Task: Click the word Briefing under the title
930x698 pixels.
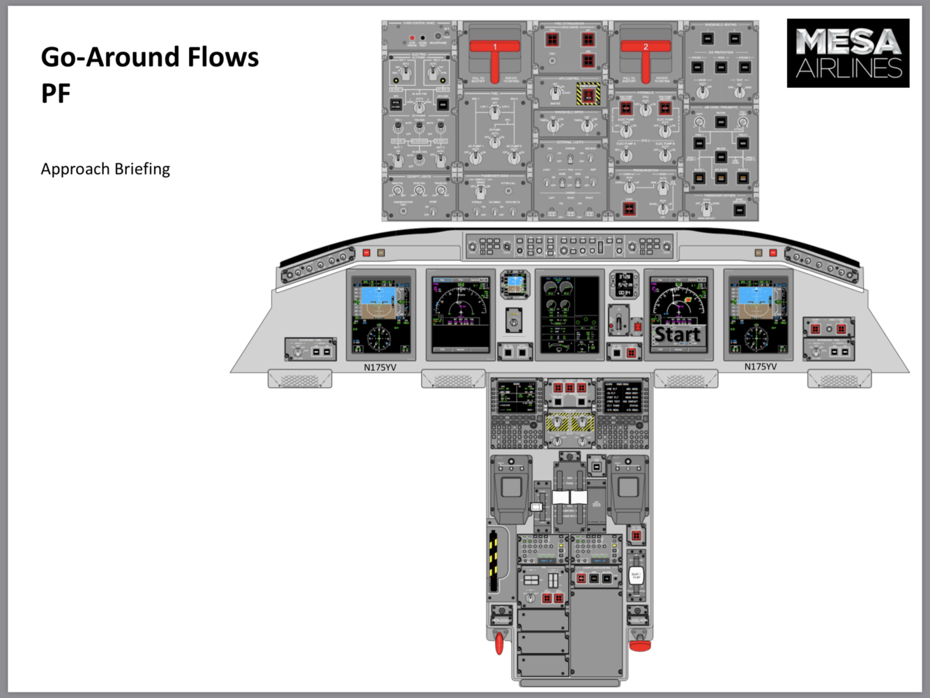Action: pyautogui.click(x=142, y=169)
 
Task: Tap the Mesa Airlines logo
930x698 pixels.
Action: pyautogui.click(x=848, y=53)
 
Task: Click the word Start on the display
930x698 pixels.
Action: pyautogui.click(x=677, y=335)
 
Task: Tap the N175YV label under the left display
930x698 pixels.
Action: pyautogui.click(x=380, y=367)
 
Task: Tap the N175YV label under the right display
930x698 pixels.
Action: pyautogui.click(x=761, y=367)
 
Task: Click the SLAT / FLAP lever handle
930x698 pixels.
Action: pyautogui.click(x=636, y=576)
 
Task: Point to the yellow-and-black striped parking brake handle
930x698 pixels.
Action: pyautogui.click(x=494, y=561)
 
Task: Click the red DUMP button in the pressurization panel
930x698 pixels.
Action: pyautogui.click(x=630, y=208)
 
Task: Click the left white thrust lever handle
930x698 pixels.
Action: pyautogui.click(x=561, y=497)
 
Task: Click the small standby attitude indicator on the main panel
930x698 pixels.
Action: pyautogui.click(x=515, y=283)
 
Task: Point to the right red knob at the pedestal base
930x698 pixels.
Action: pyautogui.click(x=640, y=645)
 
